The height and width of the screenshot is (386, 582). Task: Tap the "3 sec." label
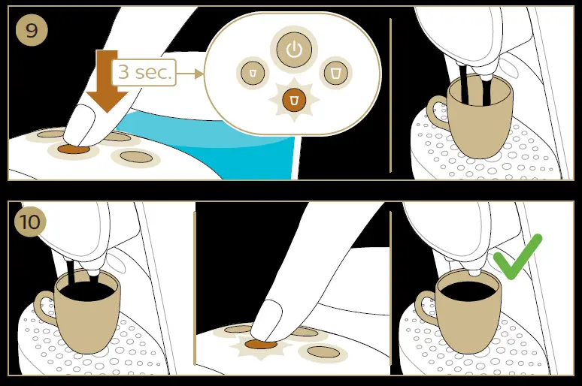144,74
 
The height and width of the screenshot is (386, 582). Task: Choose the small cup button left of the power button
252,72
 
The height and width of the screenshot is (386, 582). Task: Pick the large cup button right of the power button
335,72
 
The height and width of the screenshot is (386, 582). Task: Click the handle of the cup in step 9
435,113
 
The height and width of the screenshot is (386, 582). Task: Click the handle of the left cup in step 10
44,309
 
